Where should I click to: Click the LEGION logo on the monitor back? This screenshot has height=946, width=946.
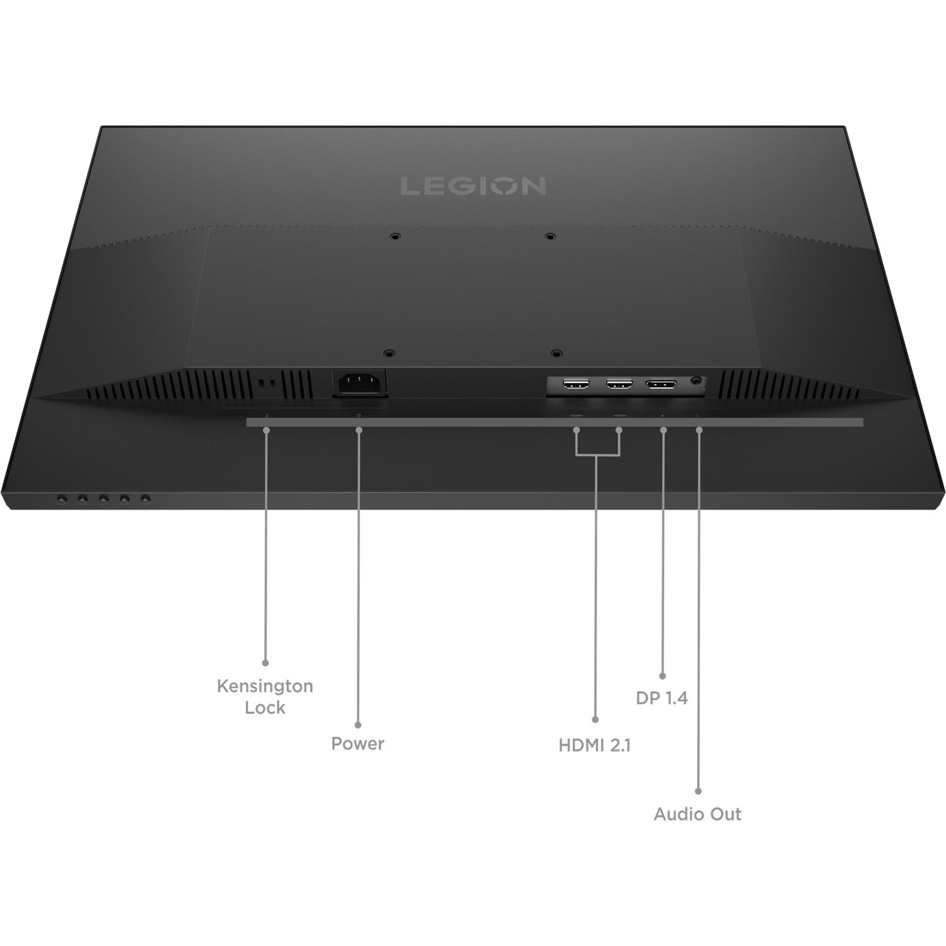pos(473,186)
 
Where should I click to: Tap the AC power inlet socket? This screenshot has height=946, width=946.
pos(359,383)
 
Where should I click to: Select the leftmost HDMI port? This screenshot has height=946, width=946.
pos(575,383)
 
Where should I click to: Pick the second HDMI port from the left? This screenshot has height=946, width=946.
pos(619,383)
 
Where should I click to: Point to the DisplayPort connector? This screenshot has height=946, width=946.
pos(660,383)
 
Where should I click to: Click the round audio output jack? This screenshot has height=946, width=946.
pos(697,381)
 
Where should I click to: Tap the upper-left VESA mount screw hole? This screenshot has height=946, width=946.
pos(395,237)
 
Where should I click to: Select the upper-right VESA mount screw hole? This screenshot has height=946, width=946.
pos(550,237)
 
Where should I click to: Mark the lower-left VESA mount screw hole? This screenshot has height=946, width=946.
pos(389,354)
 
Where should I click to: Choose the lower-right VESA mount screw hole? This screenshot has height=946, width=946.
pos(555,354)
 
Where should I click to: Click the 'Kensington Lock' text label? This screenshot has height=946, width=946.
pos(265,696)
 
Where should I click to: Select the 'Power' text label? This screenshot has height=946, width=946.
pos(358,744)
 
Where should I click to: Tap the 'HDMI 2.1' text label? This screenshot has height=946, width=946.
pos(595,745)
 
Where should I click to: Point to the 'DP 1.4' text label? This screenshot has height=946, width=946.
pos(662,698)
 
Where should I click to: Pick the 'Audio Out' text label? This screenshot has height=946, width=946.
pos(698,814)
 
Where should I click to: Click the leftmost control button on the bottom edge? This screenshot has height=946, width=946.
pos(61,499)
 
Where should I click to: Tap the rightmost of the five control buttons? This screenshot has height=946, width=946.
pos(146,499)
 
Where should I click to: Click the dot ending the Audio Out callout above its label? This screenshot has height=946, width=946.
pos(698,791)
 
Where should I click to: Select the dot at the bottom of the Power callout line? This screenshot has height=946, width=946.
pos(358,725)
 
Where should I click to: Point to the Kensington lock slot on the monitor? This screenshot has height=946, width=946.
pos(266,383)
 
